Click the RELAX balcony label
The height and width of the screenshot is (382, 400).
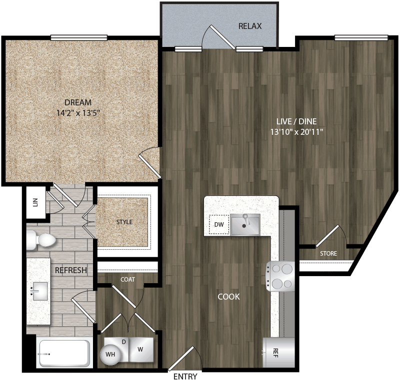[250, 26]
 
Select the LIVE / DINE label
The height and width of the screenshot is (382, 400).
[297, 121]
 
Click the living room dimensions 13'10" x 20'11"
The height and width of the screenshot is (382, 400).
[297, 132]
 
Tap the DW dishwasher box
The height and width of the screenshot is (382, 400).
[218, 225]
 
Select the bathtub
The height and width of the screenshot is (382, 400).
[64, 354]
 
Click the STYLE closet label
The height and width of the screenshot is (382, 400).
[124, 222]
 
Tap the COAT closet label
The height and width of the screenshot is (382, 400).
[127, 280]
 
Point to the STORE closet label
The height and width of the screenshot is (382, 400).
[328, 254]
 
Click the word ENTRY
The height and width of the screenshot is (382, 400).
[185, 377]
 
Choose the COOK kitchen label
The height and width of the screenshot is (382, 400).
[228, 297]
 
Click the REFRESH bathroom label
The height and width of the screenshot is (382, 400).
[70, 270]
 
